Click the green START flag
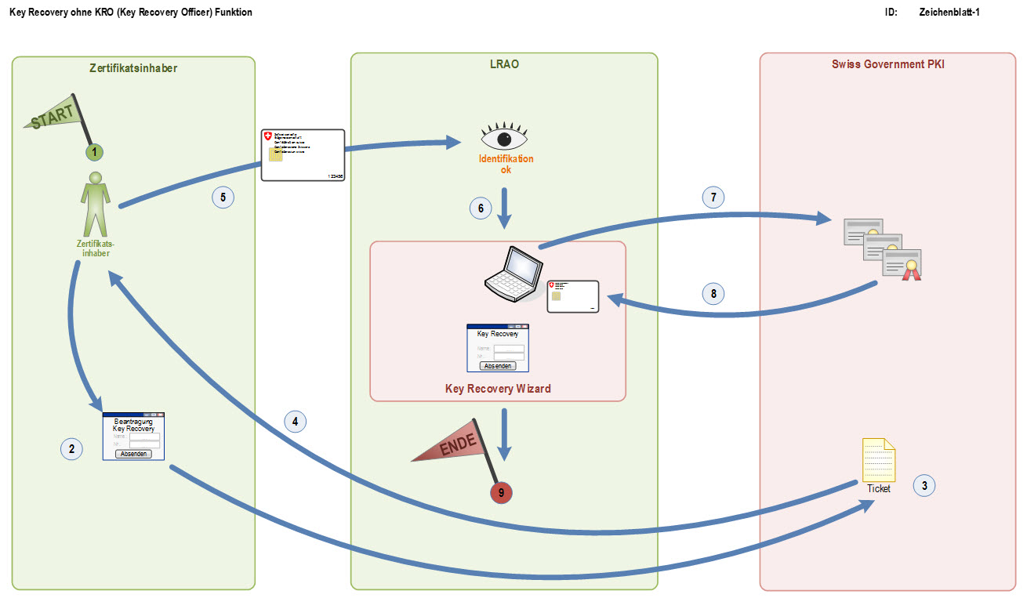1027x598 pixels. tap(55, 115)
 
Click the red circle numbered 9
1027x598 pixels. tap(500, 492)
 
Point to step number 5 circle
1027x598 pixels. tap(223, 198)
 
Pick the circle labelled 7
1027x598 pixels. tap(713, 197)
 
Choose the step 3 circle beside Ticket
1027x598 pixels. tap(924, 486)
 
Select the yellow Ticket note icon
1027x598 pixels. tap(878, 460)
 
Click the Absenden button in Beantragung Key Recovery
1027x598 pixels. tap(133, 454)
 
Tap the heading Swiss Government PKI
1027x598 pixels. tap(887, 64)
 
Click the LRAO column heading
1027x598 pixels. tap(504, 64)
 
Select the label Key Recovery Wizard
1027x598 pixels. tap(498, 388)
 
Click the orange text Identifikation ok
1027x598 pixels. tap(506, 164)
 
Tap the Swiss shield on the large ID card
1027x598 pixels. tap(269, 136)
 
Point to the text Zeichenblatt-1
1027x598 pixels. tap(949, 13)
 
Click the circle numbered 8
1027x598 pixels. tap(713, 294)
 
